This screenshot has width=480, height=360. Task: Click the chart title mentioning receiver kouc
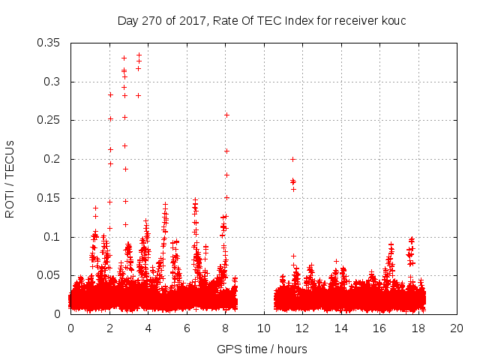(x=261, y=20)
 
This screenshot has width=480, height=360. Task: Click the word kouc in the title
(x=392, y=20)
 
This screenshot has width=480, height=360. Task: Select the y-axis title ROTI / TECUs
(x=10, y=178)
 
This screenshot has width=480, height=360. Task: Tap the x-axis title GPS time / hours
(x=262, y=349)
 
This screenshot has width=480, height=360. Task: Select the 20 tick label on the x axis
(x=456, y=328)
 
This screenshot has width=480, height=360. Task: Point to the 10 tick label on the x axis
(x=263, y=328)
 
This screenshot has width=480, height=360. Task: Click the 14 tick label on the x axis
(x=340, y=328)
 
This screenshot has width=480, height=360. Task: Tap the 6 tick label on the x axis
(x=187, y=328)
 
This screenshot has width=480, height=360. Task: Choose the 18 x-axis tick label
(x=418, y=328)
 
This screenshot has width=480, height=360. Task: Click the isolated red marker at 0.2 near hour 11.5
(x=292, y=159)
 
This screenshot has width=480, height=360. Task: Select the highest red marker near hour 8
(x=226, y=115)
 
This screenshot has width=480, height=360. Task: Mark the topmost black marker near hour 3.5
(x=139, y=55)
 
